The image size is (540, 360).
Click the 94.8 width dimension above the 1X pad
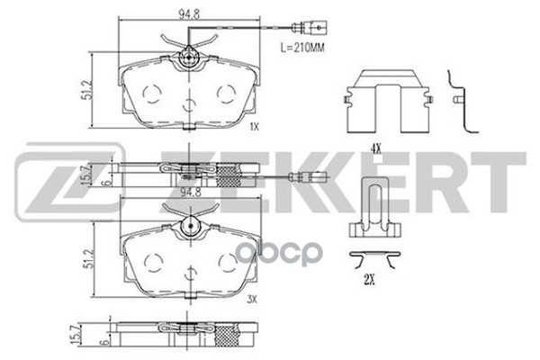tap(187, 12)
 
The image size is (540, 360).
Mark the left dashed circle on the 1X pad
tap(152, 94)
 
